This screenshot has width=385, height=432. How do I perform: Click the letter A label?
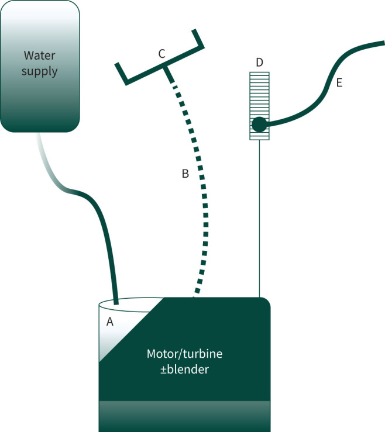[109, 321]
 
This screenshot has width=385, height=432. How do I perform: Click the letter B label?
[185, 174]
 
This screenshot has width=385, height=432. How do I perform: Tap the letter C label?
[161, 54]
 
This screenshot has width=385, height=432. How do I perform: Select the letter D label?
[259, 62]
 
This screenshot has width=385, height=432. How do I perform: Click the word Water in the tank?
[40, 56]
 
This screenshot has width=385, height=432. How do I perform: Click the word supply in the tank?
[40, 72]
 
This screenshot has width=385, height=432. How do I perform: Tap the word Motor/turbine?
[184, 354]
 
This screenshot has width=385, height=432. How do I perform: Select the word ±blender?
[184, 369]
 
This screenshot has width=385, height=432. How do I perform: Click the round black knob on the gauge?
[259, 124]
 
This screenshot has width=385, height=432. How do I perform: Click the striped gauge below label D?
[259, 88]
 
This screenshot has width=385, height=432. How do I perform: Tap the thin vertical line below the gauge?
[259, 222]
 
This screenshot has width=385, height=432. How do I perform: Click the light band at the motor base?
[184, 416]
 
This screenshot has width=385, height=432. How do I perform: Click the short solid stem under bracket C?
[169, 74]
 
